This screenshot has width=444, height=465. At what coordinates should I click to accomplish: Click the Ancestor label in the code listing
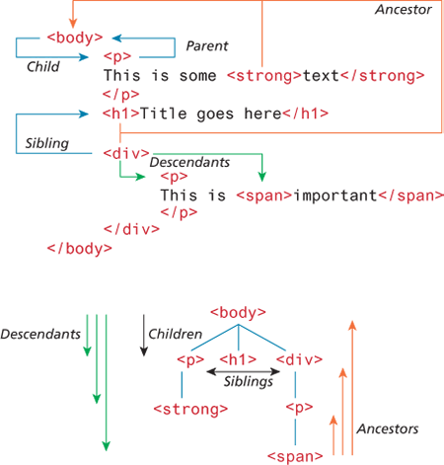pos(404,10)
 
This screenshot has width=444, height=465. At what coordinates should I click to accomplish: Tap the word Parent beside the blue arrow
pos(207,45)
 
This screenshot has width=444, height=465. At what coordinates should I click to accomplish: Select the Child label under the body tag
pos(43,66)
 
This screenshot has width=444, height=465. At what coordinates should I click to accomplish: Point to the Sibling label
pos(47,143)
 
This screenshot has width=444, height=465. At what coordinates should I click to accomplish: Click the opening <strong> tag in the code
pos(264,76)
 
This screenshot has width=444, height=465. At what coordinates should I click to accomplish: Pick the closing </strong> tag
pos(383,76)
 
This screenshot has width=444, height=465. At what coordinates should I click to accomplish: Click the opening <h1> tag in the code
pos(121,114)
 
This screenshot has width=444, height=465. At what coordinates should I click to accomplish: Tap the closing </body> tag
pos(80,249)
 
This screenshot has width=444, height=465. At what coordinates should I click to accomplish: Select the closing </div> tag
pos(131,229)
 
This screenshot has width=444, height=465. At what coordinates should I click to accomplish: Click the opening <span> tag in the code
pos(264,195)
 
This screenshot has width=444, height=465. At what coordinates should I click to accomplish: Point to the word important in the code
pos(334,195)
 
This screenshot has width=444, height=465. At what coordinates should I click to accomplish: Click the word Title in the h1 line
pos(164,114)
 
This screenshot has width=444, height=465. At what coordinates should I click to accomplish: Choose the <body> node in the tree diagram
pos(238,313)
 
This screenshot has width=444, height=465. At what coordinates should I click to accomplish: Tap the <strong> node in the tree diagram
pos(190,410)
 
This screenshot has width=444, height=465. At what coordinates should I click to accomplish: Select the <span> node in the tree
pos(295,456)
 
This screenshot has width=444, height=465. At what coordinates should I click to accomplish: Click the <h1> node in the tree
pos(238,359)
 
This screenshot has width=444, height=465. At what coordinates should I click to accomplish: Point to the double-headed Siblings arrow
pos(244,372)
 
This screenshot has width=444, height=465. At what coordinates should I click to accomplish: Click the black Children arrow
pos(144,336)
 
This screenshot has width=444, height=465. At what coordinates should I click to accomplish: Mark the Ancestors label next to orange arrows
pos(388,428)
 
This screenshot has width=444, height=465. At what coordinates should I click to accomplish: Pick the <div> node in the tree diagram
pos(299,359)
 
